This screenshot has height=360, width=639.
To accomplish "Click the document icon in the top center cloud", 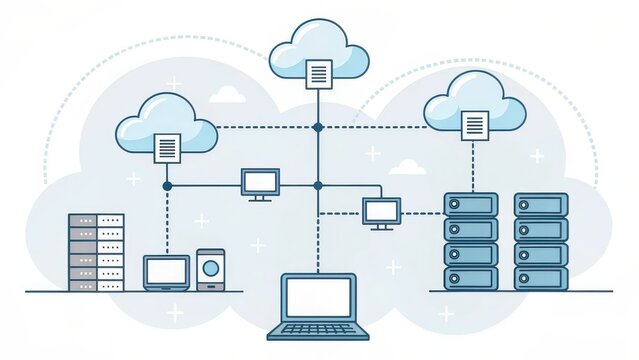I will pyautogui.click(x=319, y=74).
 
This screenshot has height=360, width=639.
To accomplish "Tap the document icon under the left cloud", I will pyautogui.click(x=167, y=148).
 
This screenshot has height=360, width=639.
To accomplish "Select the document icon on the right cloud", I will pyautogui.click(x=475, y=125).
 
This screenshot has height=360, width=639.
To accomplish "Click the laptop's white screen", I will pyautogui.click(x=319, y=297).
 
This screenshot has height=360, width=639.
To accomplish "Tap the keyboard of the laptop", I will pyautogui.click(x=319, y=328).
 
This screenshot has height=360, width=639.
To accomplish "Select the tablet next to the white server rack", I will pyautogui.click(x=166, y=272).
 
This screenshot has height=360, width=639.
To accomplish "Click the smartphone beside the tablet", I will pyautogui.click(x=210, y=269).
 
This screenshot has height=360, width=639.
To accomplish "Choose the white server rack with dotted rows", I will pyautogui.click(x=96, y=252).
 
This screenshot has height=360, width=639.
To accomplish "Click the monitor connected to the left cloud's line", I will pyautogui.click(x=260, y=182).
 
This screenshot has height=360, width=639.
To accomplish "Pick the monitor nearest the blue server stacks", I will pyautogui.click(x=381, y=211).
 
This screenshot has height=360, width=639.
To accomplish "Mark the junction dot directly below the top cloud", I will pyautogui.click(x=318, y=127).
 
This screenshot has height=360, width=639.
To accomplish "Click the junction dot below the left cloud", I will pyautogui.click(x=167, y=186).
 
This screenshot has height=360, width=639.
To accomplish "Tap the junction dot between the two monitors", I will pyautogui.click(x=318, y=186).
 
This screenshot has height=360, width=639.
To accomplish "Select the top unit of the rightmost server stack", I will pyautogui.click(x=541, y=205).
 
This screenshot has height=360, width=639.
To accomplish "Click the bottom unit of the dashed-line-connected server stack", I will pyautogui.click(x=470, y=278).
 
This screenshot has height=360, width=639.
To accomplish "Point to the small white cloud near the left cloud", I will pyautogui.click(x=228, y=94).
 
